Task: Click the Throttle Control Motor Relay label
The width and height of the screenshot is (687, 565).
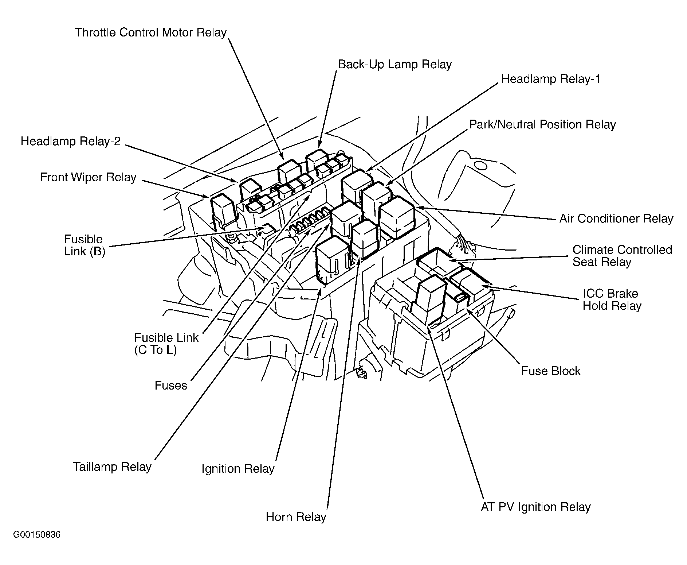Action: pos(151,33)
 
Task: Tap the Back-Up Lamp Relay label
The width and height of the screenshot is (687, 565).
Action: pos(394,65)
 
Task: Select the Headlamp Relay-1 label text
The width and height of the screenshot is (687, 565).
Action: pos(550,79)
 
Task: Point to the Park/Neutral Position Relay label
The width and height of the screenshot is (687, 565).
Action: pos(542,125)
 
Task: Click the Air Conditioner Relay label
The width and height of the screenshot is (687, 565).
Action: pos(616,219)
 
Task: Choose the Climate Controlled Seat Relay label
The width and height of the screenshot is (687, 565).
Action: pos(622,256)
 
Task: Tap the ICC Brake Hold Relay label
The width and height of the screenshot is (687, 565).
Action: pos(612,299)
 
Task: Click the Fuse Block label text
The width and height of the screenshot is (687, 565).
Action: pos(550,371)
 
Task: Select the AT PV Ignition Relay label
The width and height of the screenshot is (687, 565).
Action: pos(535,507)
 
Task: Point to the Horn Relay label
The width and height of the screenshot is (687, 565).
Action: pos(296,517)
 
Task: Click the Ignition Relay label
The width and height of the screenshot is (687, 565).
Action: pos(238,469)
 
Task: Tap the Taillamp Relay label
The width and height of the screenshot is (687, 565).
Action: pos(112,467)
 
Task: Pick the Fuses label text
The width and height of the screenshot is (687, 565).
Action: pos(170,386)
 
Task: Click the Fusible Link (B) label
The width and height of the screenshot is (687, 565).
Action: pos(84,245)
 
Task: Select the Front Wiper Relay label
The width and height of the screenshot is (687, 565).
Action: pos(88,178)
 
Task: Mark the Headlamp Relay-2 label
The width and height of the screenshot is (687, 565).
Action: pos(70,142)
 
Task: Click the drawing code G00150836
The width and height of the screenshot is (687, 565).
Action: pos(37,535)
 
